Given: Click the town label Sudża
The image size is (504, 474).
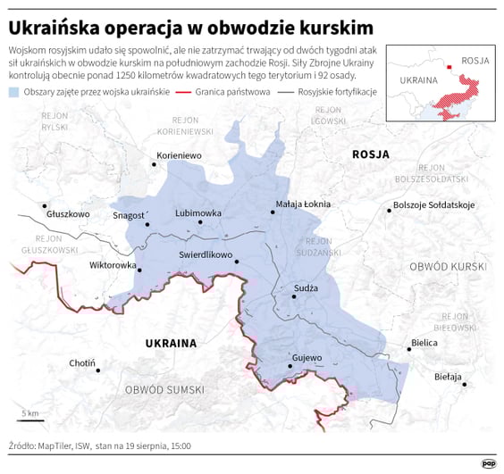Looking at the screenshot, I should pyautogui.click(x=307, y=288).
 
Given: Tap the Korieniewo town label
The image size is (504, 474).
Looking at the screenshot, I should pyautogui.click(x=180, y=155).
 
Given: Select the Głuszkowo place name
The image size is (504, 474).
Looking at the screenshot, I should pyautogui.click(x=69, y=214).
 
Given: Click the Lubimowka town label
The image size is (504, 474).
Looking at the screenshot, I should pyautogui.click(x=198, y=213).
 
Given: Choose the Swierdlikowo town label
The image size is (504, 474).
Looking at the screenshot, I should pyautogui.click(x=206, y=254).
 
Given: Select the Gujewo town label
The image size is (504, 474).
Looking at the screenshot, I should pyautogui.click(x=306, y=358).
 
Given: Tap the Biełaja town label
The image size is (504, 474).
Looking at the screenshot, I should pyautogui.click(x=448, y=377).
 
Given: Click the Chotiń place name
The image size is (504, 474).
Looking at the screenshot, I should pyautogui.click(x=82, y=363).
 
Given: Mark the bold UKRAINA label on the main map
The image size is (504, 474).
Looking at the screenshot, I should pyautogui.click(x=170, y=343).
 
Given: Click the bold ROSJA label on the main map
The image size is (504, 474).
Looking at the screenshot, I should pyautogui.click(x=371, y=154).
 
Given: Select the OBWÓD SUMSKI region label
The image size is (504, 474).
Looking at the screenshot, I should pyautogui.click(x=164, y=390).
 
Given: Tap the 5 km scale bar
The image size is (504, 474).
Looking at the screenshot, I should pyautogui.click(x=29, y=420).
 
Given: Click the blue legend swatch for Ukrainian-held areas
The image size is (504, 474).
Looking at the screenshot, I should pyautogui.click(x=13, y=93).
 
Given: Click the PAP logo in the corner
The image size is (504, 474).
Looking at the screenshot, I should pyautogui.click(x=488, y=462).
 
